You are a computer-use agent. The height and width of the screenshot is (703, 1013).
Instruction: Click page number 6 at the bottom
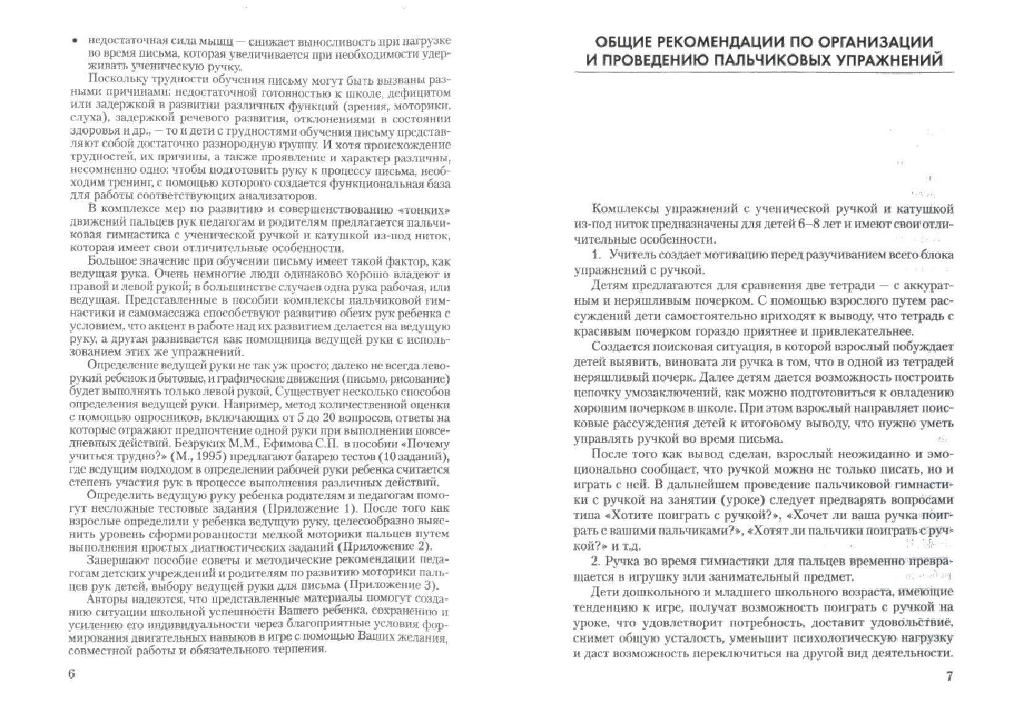click(72, 674)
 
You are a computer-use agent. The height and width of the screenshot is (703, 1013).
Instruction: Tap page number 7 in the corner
click(949, 675)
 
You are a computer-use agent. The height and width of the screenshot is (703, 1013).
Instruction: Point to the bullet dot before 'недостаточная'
click(74, 41)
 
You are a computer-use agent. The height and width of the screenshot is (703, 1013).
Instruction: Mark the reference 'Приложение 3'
click(389, 586)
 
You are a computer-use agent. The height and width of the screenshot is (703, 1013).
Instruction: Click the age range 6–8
click(811, 224)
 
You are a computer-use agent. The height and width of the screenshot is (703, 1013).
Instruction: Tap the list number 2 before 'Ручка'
click(596, 561)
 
